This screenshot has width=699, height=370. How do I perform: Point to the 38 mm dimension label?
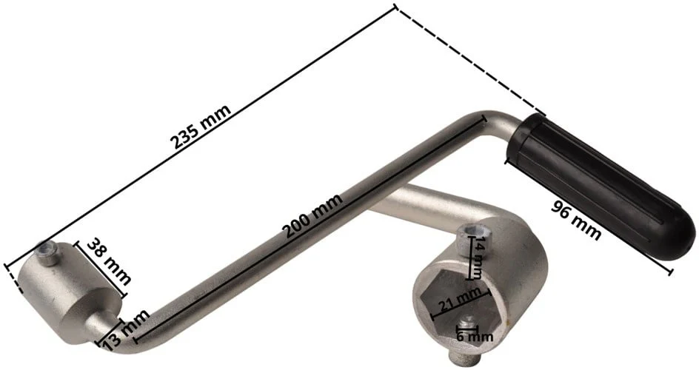(x=109, y=261)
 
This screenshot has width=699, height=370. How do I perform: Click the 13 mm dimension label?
(x=126, y=329)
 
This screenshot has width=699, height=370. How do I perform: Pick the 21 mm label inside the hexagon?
(x=460, y=301)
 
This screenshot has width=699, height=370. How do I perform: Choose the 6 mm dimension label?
(x=475, y=336)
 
